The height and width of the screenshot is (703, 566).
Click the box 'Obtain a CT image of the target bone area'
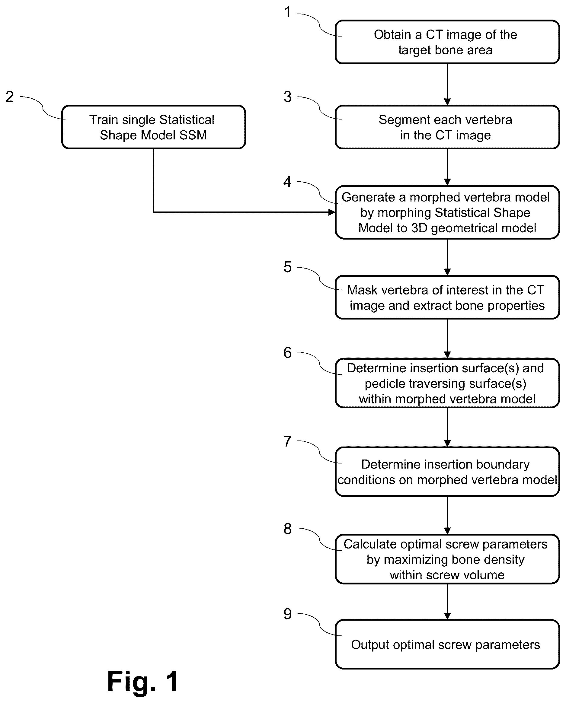point(447,42)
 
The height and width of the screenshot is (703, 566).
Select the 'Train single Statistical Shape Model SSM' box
point(154,127)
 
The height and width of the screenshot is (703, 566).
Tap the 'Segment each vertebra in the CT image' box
point(447,127)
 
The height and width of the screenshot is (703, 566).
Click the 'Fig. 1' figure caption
point(143,681)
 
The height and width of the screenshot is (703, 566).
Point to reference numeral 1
point(287,12)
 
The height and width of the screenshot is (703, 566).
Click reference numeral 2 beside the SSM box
point(10,97)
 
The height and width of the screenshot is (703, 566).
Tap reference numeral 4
point(287,182)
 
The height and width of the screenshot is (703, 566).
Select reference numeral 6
point(287,352)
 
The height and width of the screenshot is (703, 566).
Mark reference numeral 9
point(287,614)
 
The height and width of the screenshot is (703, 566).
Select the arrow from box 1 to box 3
point(447,84)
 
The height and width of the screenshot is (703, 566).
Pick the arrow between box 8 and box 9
point(447,602)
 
